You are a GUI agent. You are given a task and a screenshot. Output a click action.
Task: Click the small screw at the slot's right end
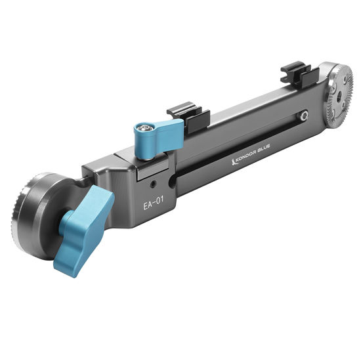pyautogui.click(x=304, y=116)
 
